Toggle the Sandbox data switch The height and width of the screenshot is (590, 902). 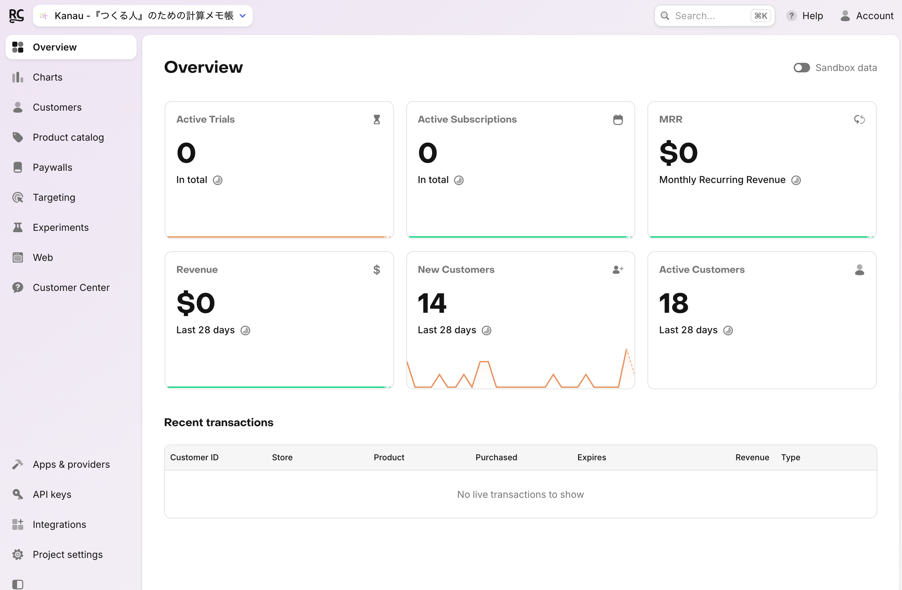pyautogui.click(x=802, y=68)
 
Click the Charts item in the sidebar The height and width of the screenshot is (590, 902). pyautogui.click(x=47, y=77)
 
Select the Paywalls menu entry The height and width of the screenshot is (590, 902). pyautogui.click(x=52, y=167)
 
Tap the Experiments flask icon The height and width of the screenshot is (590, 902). pyautogui.click(x=18, y=227)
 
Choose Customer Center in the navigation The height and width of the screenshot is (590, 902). pyautogui.click(x=71, y=287)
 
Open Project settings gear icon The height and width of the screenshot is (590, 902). pyautogui.click(x=18, y=554)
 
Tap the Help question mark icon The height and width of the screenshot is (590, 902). pyautogui.click(x=791, y=16)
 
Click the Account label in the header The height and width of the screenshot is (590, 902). pyautogui.click(x=875, y=16)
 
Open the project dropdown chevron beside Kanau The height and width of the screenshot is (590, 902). pyautogui.click(x=243, y=16)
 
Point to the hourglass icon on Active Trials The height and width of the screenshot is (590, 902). pyautogui.click(x=377, y=120)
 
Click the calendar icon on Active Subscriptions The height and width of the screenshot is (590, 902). pyautogui.click(x=618, y=120)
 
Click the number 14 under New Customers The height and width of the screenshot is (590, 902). pyautogui.click(x=432, y=303)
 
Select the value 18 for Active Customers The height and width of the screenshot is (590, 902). pyautogui.click(x=673, y=303)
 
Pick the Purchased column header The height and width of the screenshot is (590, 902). pyautogui.click(x=496, y=457)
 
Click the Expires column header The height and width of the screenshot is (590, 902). pyautogui.click(x=592, y=457)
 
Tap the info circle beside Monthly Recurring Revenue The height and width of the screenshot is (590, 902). pyautogui.click(x=796, y=180)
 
